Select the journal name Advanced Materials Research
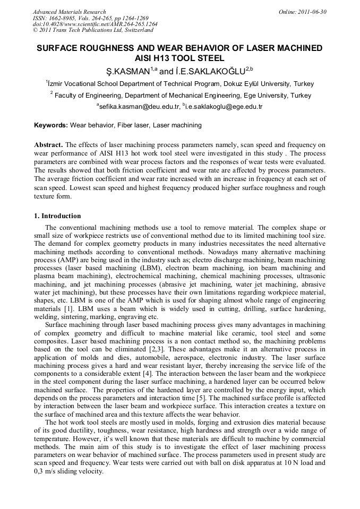coord(69,12)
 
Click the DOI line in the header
coord(95,24)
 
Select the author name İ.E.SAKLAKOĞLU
coord(210,71)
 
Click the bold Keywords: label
coord(51,125)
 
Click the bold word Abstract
coord(49,144)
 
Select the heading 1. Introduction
coord(58,216)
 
